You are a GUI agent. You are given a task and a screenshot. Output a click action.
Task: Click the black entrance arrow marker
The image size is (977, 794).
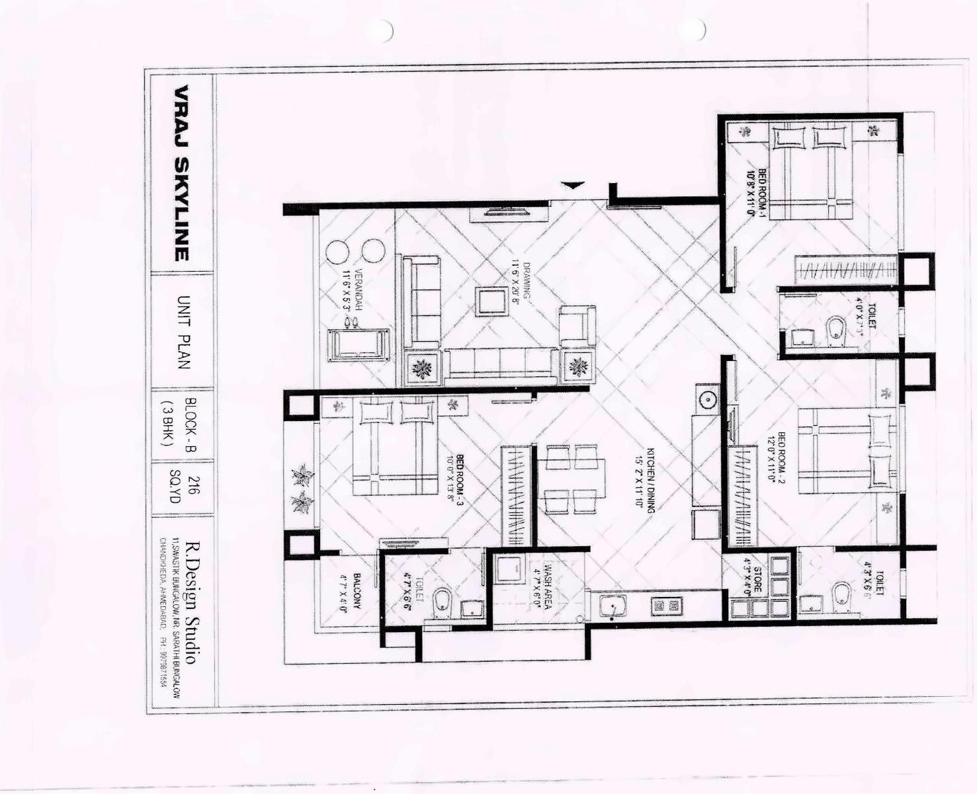573,185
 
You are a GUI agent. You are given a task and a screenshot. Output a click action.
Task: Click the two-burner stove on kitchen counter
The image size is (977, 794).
665,605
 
